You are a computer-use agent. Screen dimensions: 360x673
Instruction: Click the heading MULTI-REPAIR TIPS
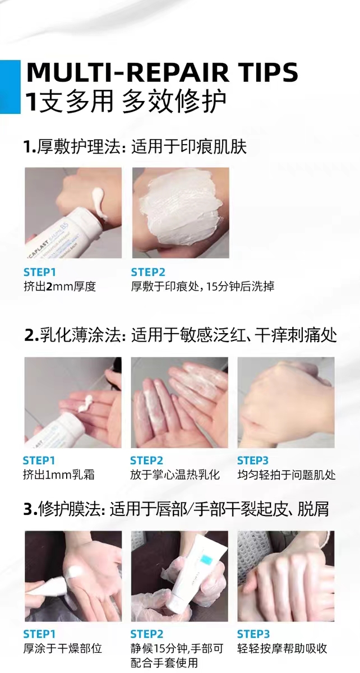[162, 72]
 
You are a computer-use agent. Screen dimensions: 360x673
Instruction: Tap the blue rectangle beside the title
[10, 87]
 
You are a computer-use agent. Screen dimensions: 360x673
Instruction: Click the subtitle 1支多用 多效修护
[125, 102]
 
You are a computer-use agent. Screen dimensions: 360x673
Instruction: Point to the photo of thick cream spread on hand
[181, 213]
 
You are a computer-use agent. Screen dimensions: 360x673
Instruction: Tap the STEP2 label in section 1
[148, 272]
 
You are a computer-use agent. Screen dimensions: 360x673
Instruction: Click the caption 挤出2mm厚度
[59, 287]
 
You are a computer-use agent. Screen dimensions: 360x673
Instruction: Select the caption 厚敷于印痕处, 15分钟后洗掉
[202, 287]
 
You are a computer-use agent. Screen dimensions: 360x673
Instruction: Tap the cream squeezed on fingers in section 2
[86, 403]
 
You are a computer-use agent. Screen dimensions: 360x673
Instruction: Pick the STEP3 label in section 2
[253, 460]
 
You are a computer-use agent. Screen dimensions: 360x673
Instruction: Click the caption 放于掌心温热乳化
[175, 474]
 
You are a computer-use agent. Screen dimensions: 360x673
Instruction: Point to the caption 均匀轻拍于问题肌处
[287, 474]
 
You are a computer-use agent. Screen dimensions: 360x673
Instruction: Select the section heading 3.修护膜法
[64, 509]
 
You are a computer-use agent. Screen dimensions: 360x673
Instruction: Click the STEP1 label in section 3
[39, 625]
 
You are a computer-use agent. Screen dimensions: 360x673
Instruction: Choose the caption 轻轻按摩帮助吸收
[282, 640]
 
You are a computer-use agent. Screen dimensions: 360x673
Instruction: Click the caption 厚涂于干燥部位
[62, 640]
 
